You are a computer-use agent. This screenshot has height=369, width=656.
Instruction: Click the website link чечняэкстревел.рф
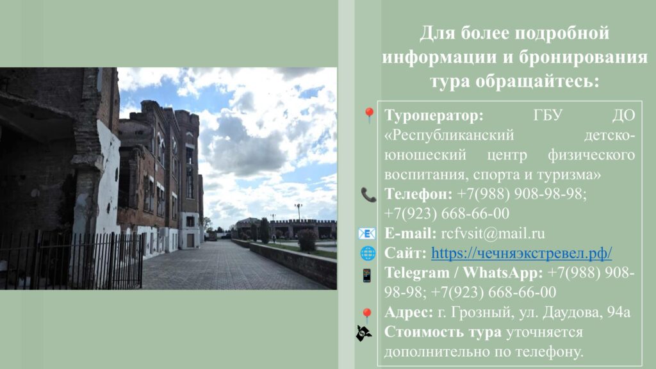(x=521, y=253)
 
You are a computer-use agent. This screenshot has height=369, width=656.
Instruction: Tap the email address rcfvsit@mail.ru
(x=493, y=233)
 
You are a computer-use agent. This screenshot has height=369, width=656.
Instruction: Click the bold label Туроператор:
(x=434, y=115)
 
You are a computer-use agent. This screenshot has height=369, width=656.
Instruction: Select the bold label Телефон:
(x=418, y=194)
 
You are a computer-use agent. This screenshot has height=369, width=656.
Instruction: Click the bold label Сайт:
(x=406, y=253)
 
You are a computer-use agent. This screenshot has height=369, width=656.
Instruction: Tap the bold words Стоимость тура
(x=443, y=332)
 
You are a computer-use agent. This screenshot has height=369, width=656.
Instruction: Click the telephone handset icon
(x=368, y=195)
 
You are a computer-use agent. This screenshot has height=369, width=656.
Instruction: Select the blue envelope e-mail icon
(x=367, y=233)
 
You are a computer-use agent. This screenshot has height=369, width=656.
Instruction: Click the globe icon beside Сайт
(x=368, y=254)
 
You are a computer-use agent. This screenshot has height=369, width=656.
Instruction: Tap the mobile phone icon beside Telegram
(x=367, y=275)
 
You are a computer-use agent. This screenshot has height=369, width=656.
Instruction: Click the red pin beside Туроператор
(x=369, y=115)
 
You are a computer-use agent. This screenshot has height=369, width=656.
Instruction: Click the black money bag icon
(x=364, y=333)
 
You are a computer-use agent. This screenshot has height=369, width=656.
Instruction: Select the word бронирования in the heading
(x=583, y=57)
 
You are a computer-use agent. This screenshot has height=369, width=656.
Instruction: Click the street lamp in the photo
(x=299, y=213)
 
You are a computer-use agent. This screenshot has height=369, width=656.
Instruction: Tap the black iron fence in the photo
(x=71, y=260)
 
